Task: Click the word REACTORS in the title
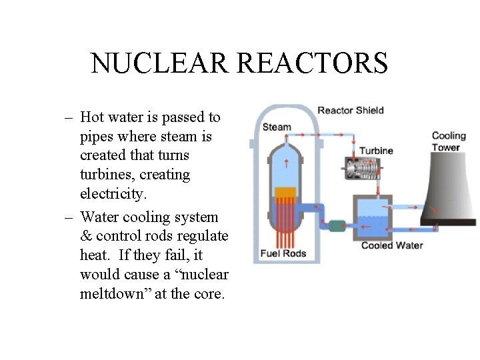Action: click(x=313, y=63)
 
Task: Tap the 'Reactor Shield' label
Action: click(x=350, y=110)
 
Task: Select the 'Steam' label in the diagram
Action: click(x=277, y=127)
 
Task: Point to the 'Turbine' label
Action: click(x=376, y=151)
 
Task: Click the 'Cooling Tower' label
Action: click(x=449, y=141)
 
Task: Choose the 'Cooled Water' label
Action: click(x=392, y=245)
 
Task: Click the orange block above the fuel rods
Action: click(x=285, y=193)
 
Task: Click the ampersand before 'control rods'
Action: click(x=86, y=236)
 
